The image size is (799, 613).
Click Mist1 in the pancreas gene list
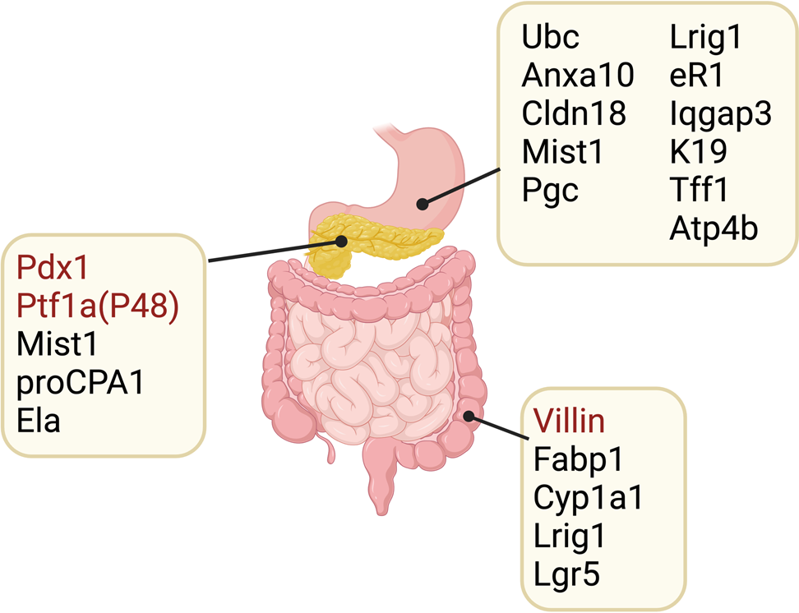tap(55, 343)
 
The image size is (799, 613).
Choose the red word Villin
tap(569, 422)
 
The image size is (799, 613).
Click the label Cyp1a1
tap(587, 498)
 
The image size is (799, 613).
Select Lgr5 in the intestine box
tap(566, 574)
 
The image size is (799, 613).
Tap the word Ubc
tap(551, 38)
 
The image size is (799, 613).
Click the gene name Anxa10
tap(578, 76)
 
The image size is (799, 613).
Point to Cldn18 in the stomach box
tap(574, 113)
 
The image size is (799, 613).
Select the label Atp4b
tap(714, 228)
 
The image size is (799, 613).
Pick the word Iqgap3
tap(720, 114)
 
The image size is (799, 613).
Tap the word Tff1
tap(699, 190)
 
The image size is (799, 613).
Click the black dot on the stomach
tap(422, 203)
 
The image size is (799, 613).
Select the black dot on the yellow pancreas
tap(342, 240)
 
